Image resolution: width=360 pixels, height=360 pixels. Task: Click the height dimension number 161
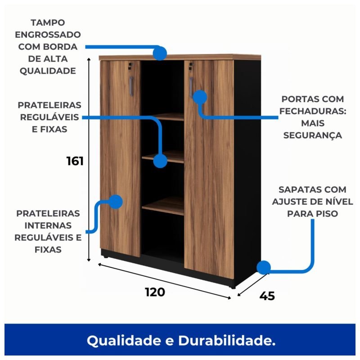75,161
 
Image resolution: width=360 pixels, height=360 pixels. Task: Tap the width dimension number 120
155,292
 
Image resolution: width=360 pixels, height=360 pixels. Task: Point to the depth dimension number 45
267,296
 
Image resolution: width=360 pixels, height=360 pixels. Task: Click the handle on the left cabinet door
131,86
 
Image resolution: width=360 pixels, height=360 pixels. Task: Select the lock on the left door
130,66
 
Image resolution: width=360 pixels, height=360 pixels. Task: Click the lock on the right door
191,66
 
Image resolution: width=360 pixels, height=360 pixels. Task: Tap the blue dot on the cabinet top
160,53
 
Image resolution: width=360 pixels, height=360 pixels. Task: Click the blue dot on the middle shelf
160,161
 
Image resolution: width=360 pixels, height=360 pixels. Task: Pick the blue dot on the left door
116,202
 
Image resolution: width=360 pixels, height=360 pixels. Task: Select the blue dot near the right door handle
200,97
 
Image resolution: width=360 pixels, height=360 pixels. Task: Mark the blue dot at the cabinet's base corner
264,267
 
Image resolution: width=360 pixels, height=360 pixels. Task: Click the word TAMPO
48,23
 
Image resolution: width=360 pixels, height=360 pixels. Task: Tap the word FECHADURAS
313,111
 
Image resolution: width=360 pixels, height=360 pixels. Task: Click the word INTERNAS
48,226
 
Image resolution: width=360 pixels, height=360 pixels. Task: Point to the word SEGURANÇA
313,135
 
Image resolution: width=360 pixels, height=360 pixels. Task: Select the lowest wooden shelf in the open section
163,206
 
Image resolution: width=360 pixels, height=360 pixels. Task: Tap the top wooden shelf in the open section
168,117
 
